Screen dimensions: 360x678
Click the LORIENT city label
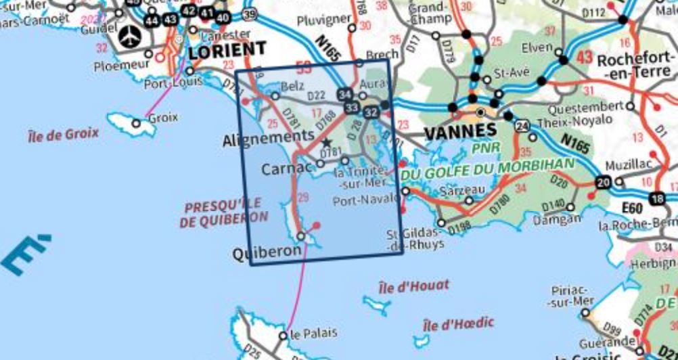coord(227,50)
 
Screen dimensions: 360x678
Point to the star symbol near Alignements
coord(327,142)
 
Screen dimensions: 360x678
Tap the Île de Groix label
coord(63,133)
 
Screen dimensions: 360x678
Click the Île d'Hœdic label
coord(457,323)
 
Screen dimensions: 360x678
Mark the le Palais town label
coord(313,334)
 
